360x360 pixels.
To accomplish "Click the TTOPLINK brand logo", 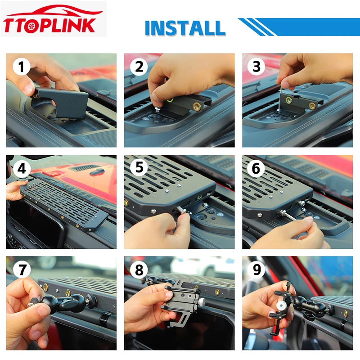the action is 53,19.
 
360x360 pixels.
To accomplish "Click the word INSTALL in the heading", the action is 185,28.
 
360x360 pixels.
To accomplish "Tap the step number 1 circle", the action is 21,67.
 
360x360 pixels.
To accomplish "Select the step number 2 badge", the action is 139,67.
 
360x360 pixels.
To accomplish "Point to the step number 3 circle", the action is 256,67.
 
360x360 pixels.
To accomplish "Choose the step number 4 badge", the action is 21,169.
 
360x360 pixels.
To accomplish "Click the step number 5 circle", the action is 139,167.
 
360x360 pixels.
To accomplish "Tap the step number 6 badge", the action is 256,169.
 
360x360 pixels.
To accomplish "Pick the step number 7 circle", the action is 22,269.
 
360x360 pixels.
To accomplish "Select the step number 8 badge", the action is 139,270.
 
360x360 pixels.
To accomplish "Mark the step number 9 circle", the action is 257,269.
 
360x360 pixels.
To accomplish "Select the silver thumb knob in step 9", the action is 280,306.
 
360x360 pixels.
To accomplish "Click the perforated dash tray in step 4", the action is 65,204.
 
